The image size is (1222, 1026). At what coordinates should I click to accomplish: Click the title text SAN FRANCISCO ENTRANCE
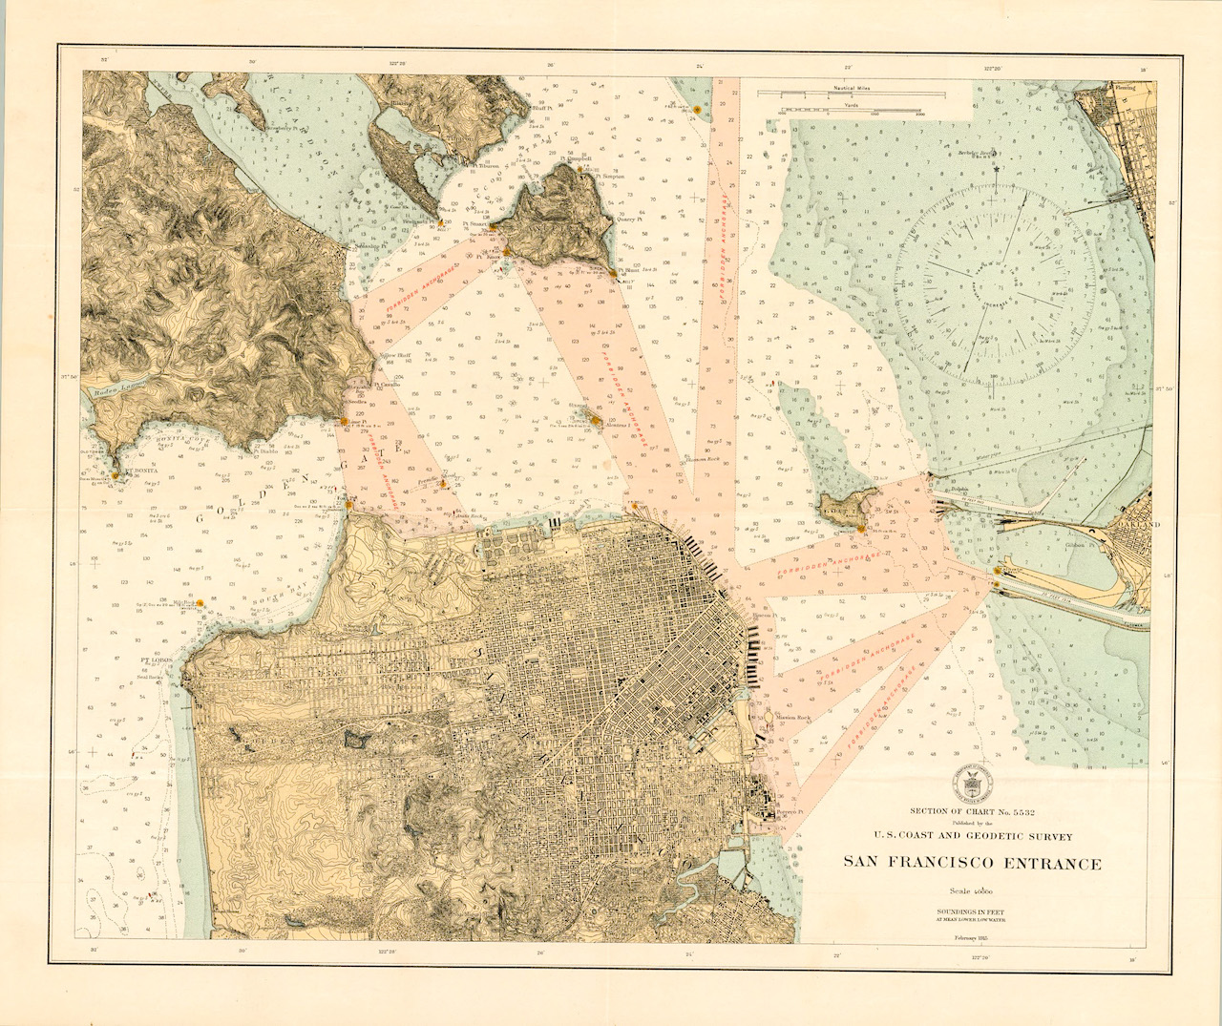(x=971, y=864)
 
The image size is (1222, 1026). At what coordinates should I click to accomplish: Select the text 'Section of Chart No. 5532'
(x=971, y=812)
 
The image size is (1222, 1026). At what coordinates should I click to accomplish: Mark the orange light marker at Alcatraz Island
(x=596, y=418)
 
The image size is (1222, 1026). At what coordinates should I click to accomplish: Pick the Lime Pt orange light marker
(x=344, y=420)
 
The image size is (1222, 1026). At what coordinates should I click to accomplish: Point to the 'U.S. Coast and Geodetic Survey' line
(x=971, y=837)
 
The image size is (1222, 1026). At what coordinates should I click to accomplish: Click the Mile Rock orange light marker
(x=201, y=603)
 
